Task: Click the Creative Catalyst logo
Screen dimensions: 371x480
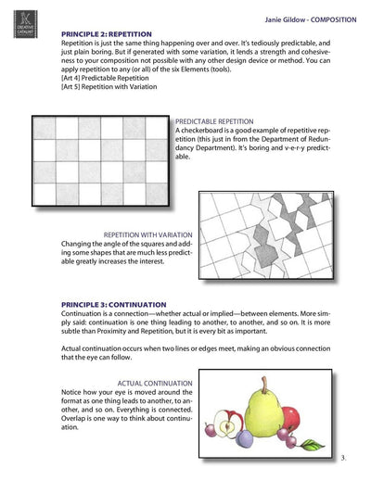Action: pos(25,24)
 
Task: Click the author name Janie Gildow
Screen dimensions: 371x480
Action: pos(285,19)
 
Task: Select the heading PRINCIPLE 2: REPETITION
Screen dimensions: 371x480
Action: pos(107,34)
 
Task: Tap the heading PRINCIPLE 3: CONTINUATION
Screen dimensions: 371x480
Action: pos(113,305)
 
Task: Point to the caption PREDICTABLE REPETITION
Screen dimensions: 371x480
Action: pos(214,121)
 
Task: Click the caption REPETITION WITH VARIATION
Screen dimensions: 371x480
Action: pos(147,234)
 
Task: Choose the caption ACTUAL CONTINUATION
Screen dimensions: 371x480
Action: pos(155,384)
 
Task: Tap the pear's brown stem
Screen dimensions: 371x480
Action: pos(264,385)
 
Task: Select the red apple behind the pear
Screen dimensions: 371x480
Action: pos(291,419)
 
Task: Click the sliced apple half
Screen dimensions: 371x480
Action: pos(228,423)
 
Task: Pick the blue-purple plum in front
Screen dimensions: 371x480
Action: pos(245,438)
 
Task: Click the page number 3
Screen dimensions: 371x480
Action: pos(343,458)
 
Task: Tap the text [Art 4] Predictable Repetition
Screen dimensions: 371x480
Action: pos(105,78)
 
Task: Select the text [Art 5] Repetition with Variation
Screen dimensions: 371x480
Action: pos(109,86)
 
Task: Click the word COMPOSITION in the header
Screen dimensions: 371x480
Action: pos(333,19)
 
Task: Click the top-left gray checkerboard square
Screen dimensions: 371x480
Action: pos(45,128)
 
